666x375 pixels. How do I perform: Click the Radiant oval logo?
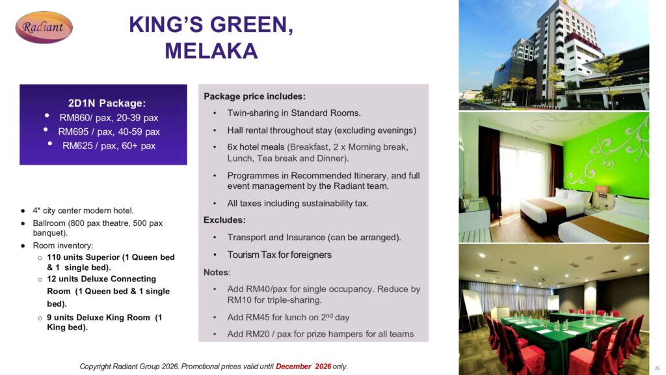click(x=44, y=27)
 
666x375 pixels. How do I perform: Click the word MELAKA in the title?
click(x=211, y=51)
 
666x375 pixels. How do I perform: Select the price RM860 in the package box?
click(x=73, y=118)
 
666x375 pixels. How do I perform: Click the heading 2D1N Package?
click(x=107, y=104)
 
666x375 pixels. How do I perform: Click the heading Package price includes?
click(x=254, y=96)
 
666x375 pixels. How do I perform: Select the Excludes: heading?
click(x=224, y=220)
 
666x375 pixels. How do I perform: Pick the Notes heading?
click(x=216, y=272)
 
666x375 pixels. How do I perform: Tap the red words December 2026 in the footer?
click(x=303, y=367)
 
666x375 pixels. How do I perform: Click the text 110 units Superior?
click(x=84, y=257)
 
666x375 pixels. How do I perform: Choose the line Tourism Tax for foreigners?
click(x=279, y=255)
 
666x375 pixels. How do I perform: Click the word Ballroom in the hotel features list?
click(x=49, y=223)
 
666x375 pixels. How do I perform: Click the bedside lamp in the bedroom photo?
click(x=602, y=190)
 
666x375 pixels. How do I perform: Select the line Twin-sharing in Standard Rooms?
click(x=294, y=113)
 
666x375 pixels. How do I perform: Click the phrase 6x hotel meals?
click(x=256, y=147)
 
